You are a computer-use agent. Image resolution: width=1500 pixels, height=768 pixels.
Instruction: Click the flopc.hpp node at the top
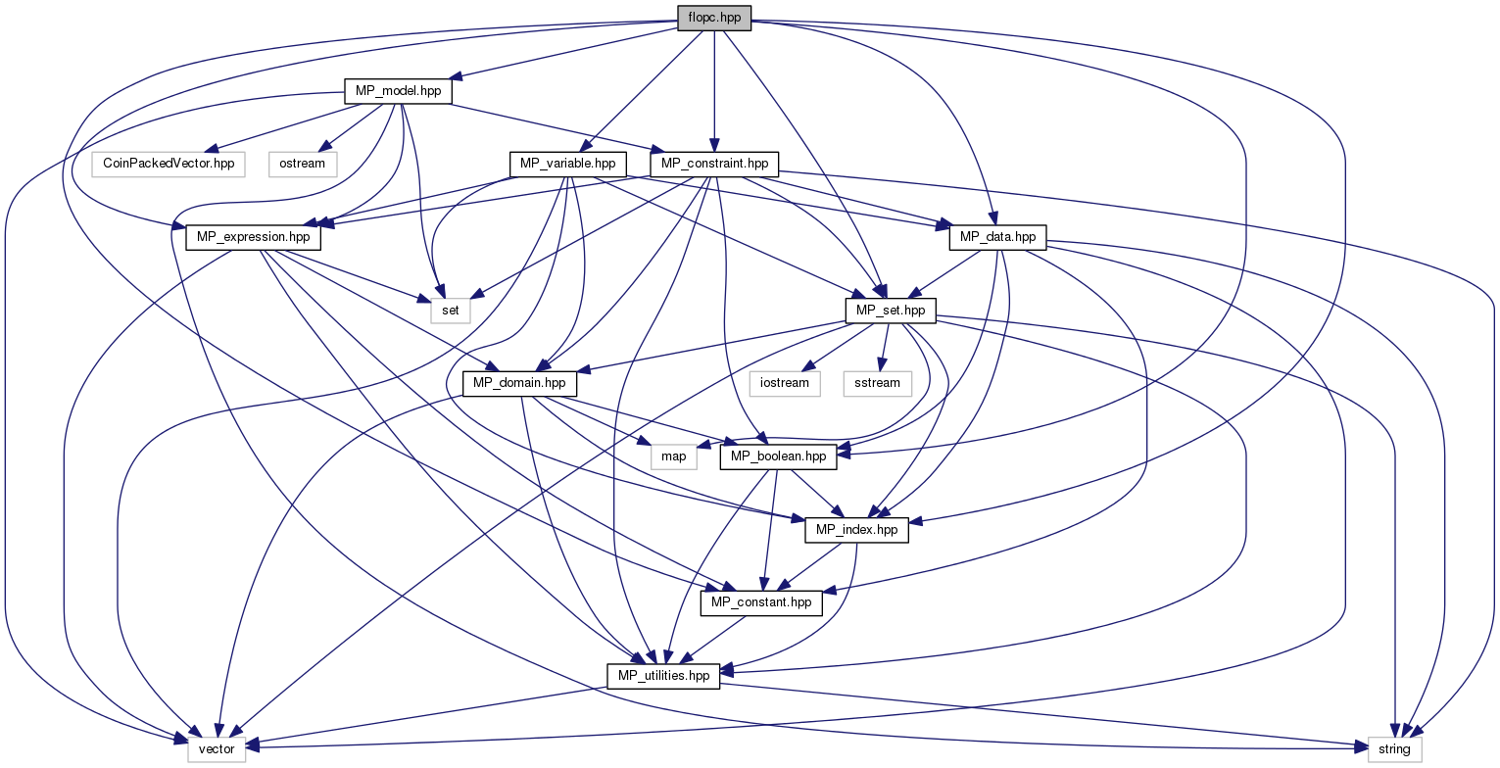click(714, 18)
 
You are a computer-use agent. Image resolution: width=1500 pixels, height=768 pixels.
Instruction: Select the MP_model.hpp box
click(399, 91)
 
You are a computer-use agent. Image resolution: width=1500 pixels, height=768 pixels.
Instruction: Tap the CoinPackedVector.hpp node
click(169, 164)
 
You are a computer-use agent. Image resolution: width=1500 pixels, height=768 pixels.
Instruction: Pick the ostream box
click(303, 164)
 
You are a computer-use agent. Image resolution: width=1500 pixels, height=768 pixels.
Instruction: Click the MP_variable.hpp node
click(568, 164)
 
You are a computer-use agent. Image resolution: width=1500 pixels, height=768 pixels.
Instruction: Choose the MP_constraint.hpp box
click(714, 164)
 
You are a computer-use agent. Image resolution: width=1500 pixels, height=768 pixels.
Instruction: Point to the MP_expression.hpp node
click(253, 238)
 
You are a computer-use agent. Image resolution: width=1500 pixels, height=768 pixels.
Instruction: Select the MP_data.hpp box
click(997, 238)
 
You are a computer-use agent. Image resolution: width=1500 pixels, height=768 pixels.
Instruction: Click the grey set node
click(451, 311)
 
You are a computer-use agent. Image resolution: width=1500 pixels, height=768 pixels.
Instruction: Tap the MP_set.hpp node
click(891, 311)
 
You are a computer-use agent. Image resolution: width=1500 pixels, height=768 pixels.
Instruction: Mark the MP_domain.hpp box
click(519, 384)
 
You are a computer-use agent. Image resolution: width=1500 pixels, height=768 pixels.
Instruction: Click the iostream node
click(785, 384)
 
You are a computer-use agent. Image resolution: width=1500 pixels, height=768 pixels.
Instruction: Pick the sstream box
click(877, 384)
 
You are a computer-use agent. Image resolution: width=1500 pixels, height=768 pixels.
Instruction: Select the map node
click(674, 456)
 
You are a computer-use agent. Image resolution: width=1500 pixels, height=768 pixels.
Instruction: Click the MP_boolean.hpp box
click(779, 456)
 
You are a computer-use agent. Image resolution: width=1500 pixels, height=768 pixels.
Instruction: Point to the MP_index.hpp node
click(856, 530)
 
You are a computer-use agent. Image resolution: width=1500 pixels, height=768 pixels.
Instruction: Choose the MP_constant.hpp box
click(761, 603)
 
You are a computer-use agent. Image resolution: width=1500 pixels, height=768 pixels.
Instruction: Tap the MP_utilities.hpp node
click(663, 676)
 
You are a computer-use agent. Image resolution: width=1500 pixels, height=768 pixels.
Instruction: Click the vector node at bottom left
click(217, 749)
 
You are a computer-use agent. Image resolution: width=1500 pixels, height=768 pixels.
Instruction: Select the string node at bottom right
click(1394, 749)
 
